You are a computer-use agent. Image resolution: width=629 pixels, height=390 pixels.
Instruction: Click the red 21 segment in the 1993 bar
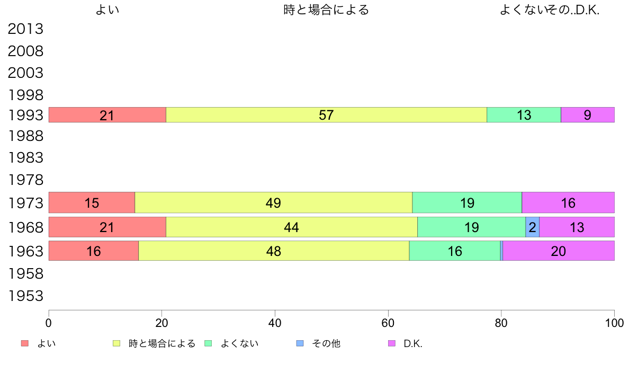[107, 115]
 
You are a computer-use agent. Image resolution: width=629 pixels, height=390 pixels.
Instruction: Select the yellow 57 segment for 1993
[326, 115]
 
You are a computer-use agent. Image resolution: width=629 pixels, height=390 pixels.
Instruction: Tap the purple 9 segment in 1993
[587, 115]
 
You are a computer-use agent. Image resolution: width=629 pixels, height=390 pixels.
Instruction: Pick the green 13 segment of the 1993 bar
[524, 115]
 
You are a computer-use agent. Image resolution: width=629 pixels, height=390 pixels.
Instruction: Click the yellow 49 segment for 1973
[273, 202]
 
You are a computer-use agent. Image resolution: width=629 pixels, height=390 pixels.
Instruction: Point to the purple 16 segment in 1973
[568, 202]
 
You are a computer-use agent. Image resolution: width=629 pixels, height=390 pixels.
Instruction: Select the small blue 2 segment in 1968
[532, 227]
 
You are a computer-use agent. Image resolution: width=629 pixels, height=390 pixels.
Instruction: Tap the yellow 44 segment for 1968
[291, 227]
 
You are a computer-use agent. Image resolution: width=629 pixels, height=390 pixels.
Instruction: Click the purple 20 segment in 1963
[558, 251]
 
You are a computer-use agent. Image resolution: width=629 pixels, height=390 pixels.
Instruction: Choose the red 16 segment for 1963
[93, 251]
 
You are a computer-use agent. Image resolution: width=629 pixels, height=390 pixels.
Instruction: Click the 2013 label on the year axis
[25, 29]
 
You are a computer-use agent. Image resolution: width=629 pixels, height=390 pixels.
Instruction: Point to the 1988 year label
[25, 136]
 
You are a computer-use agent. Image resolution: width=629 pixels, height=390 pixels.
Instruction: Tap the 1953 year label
[25, 296]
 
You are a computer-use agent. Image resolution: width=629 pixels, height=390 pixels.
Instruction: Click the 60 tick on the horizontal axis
[388, 322]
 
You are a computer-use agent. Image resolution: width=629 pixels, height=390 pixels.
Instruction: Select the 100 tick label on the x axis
[614, 322]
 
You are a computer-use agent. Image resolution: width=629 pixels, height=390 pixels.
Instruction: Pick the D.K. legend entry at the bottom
[412, 343]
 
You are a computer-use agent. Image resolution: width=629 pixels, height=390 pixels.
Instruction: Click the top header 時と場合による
[326, 10]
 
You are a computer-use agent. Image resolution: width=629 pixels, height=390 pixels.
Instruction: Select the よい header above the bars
[107, 10]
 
